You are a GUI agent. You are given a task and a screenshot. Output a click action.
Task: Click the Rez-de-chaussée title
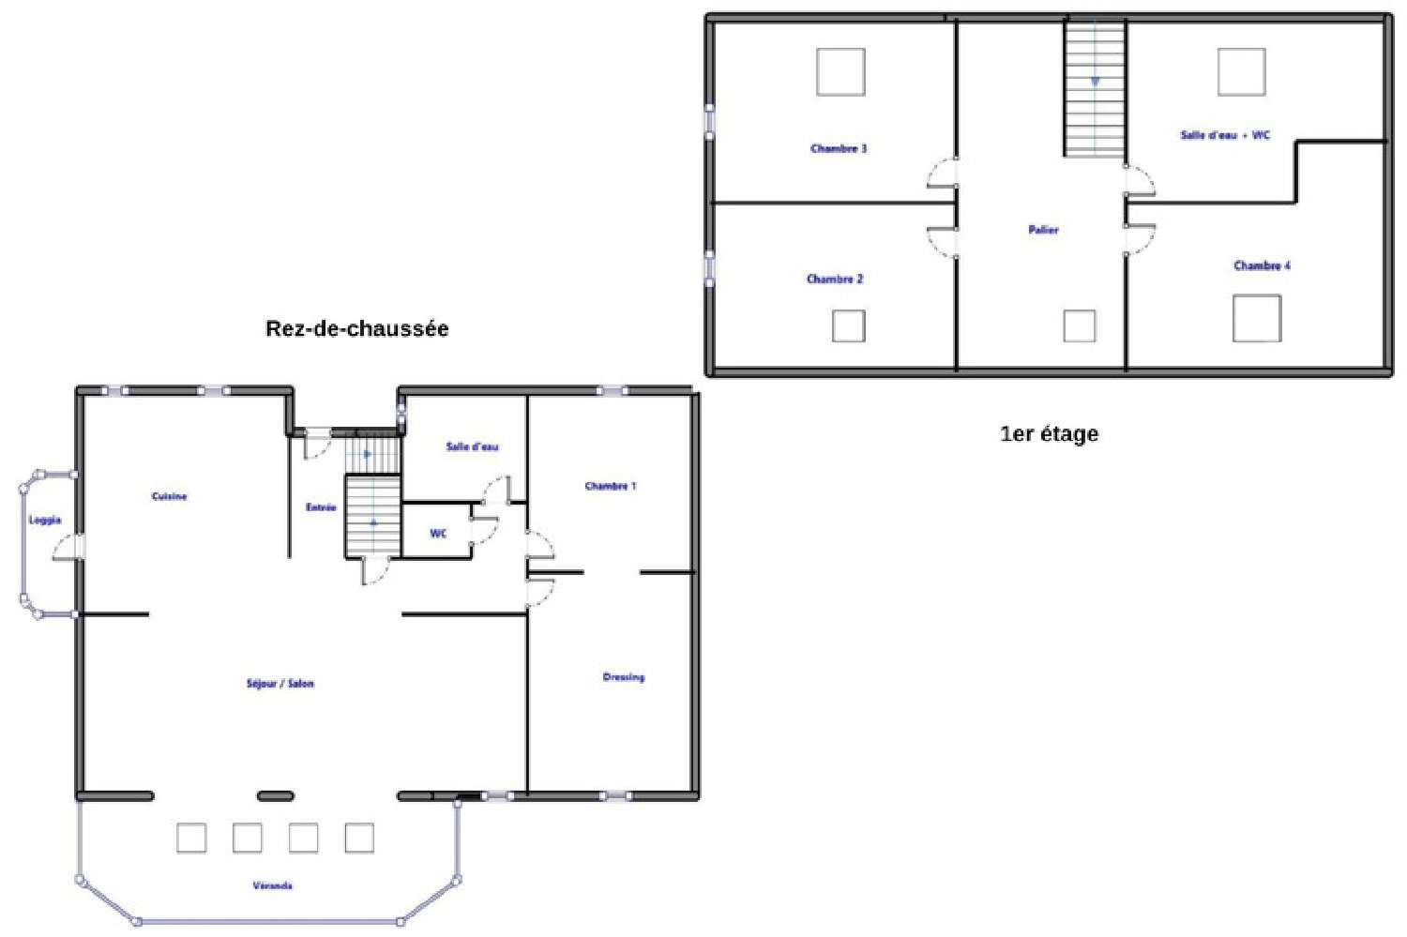356,328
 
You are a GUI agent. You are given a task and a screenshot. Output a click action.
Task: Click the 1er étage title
1049,434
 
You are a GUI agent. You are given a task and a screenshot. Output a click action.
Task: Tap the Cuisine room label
169,496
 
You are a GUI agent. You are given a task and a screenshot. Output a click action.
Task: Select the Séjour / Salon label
280,683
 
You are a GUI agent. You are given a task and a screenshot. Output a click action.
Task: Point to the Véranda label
272,885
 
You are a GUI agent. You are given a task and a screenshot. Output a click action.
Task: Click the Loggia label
45,520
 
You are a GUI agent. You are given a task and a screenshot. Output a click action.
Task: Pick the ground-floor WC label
438,533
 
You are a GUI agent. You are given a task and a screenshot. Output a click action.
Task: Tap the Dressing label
623,677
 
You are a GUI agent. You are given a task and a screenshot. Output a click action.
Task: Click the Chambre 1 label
610,486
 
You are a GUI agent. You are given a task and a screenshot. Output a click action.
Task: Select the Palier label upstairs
1043,230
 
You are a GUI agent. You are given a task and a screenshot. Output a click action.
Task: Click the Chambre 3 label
839,148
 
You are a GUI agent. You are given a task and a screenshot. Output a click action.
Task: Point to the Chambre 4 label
1262,265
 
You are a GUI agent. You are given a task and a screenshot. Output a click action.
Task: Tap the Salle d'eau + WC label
1225,135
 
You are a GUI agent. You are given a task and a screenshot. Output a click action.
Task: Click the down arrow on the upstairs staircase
1095,82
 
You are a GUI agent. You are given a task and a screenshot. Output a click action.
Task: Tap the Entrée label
321,506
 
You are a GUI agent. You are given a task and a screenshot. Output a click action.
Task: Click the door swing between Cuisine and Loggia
65,547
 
